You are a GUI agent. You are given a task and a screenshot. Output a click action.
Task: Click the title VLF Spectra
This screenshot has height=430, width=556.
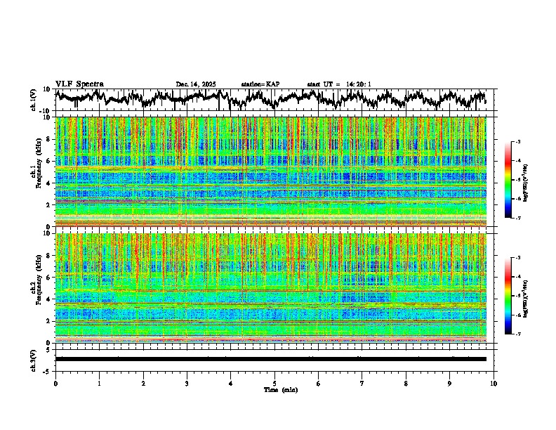79,84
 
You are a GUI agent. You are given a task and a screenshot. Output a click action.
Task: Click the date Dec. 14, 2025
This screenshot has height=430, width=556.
196,84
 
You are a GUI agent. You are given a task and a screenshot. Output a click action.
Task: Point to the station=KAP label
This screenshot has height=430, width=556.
260,84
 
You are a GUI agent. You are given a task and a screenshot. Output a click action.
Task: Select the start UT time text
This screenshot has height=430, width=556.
339,84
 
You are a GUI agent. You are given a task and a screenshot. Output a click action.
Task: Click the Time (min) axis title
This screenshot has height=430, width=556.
281,389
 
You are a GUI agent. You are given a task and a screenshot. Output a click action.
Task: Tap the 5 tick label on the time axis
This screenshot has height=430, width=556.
274,383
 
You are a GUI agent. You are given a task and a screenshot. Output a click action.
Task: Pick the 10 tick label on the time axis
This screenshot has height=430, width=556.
494,383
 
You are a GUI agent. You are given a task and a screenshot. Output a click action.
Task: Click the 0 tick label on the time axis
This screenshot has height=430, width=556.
55,383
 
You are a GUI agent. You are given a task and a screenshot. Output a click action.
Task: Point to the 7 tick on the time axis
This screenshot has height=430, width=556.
362,383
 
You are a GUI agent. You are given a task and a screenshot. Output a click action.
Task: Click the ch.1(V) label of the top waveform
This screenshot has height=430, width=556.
34,100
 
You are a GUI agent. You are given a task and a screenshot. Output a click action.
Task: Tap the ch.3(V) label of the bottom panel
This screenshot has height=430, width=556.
34,359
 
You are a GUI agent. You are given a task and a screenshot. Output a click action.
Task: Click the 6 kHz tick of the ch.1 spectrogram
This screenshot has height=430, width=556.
49,161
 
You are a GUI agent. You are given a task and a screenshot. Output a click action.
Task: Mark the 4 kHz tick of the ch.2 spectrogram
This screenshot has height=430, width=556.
49,299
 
